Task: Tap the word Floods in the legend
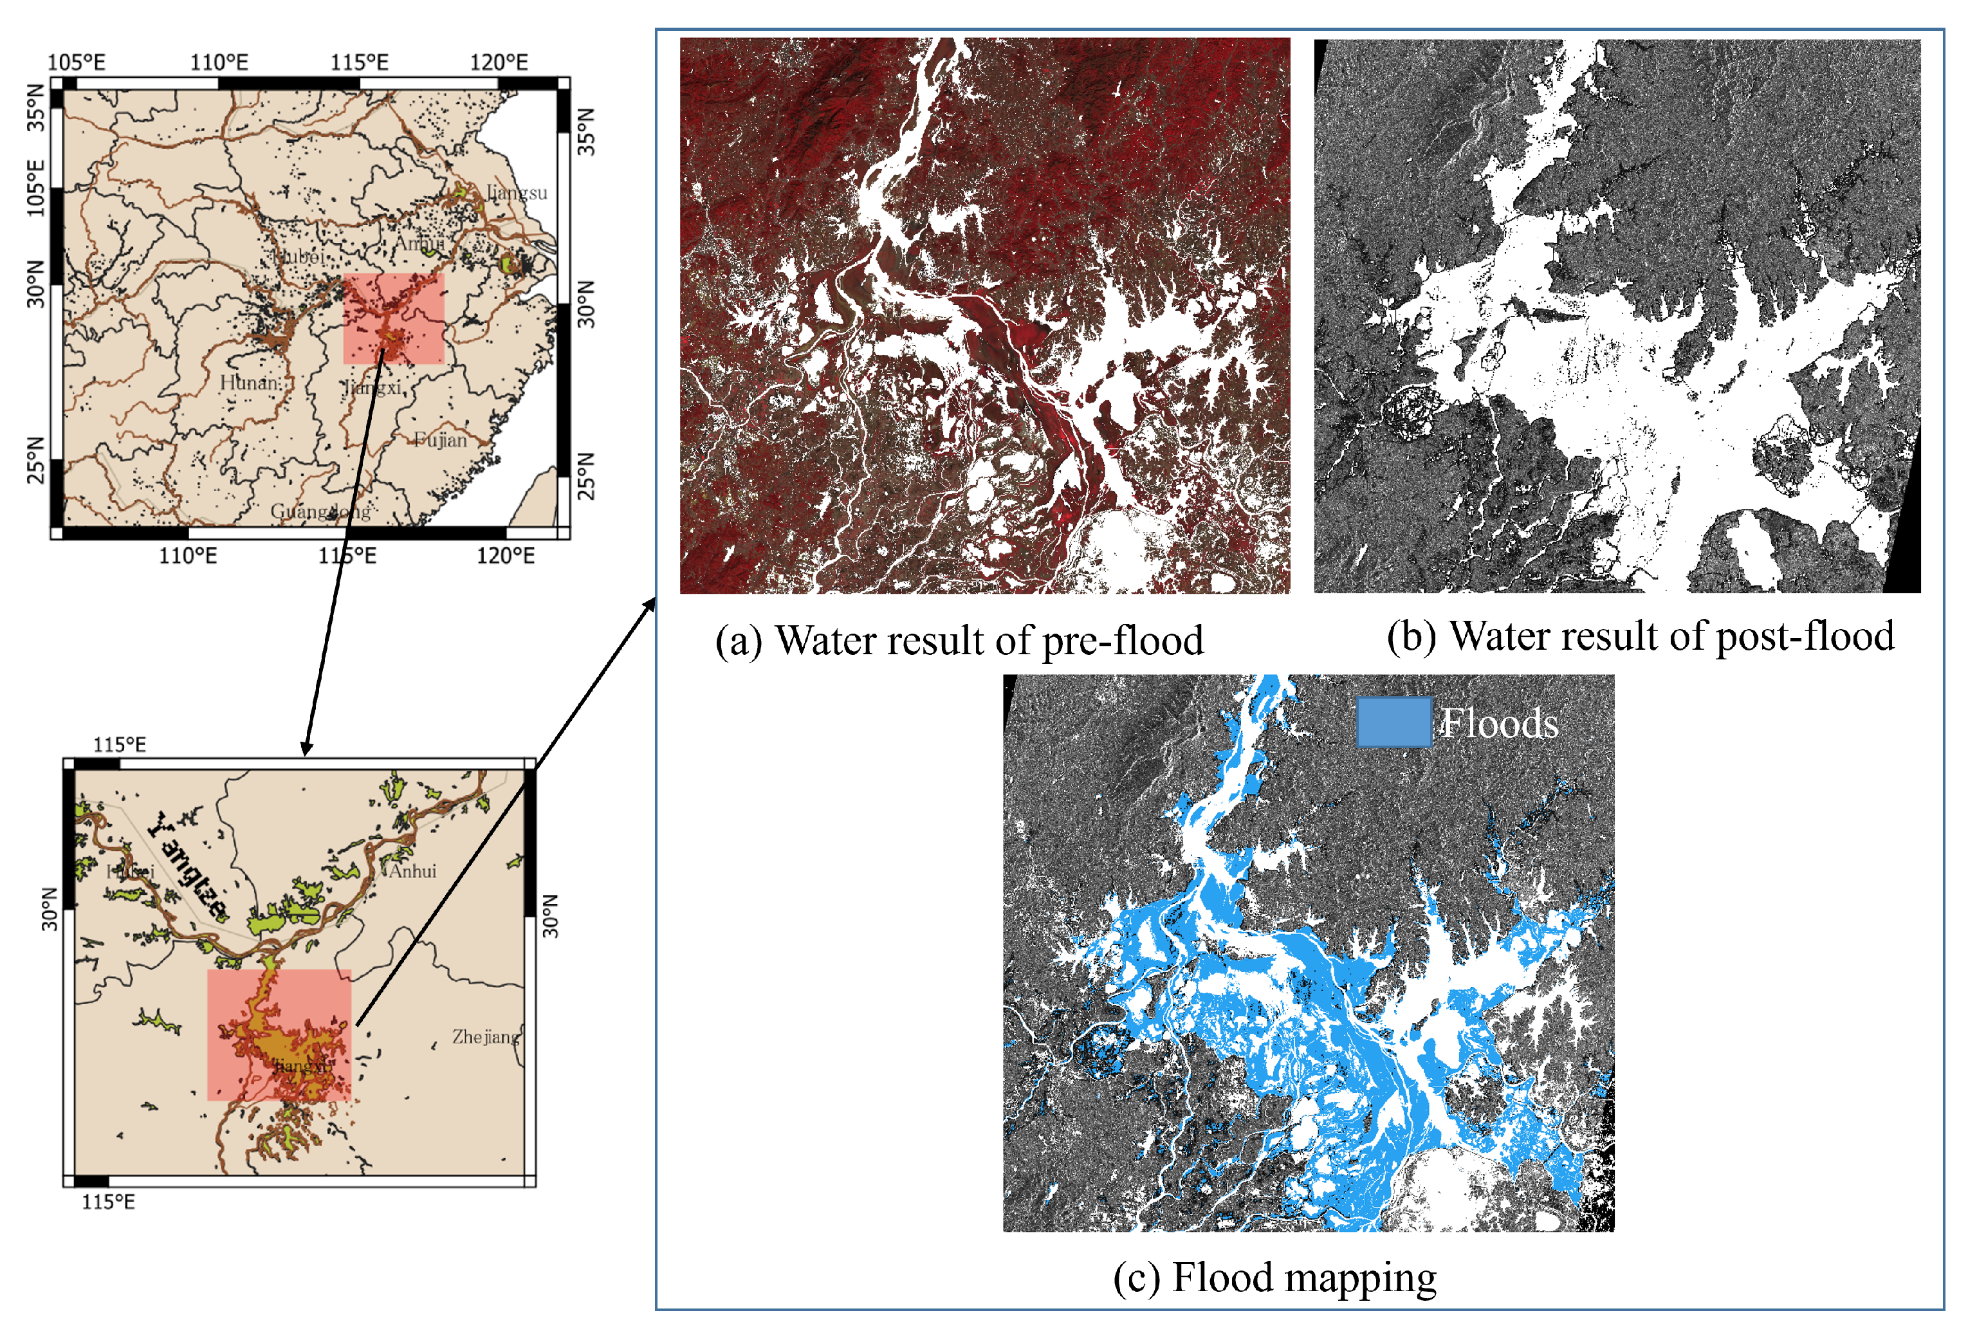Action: coord(1499,723)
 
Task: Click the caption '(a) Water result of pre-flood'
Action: coord(959,641)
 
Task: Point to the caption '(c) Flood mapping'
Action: coord(1274,1278)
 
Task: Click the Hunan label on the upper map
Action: coord(250,383)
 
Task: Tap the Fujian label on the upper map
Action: coord(440,439)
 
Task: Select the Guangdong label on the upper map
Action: coord(320,511)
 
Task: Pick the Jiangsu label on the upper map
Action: coord(517,192)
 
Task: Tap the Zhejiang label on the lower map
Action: coord(485,1036)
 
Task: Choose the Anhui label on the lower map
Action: coord(412,870)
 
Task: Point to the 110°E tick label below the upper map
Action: coord(188,555)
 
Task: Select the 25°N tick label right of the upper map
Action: coord(586,476)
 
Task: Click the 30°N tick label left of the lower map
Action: coord(50,908)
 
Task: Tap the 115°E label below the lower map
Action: coord(107,1202)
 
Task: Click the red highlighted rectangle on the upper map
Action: coord(394,318)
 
